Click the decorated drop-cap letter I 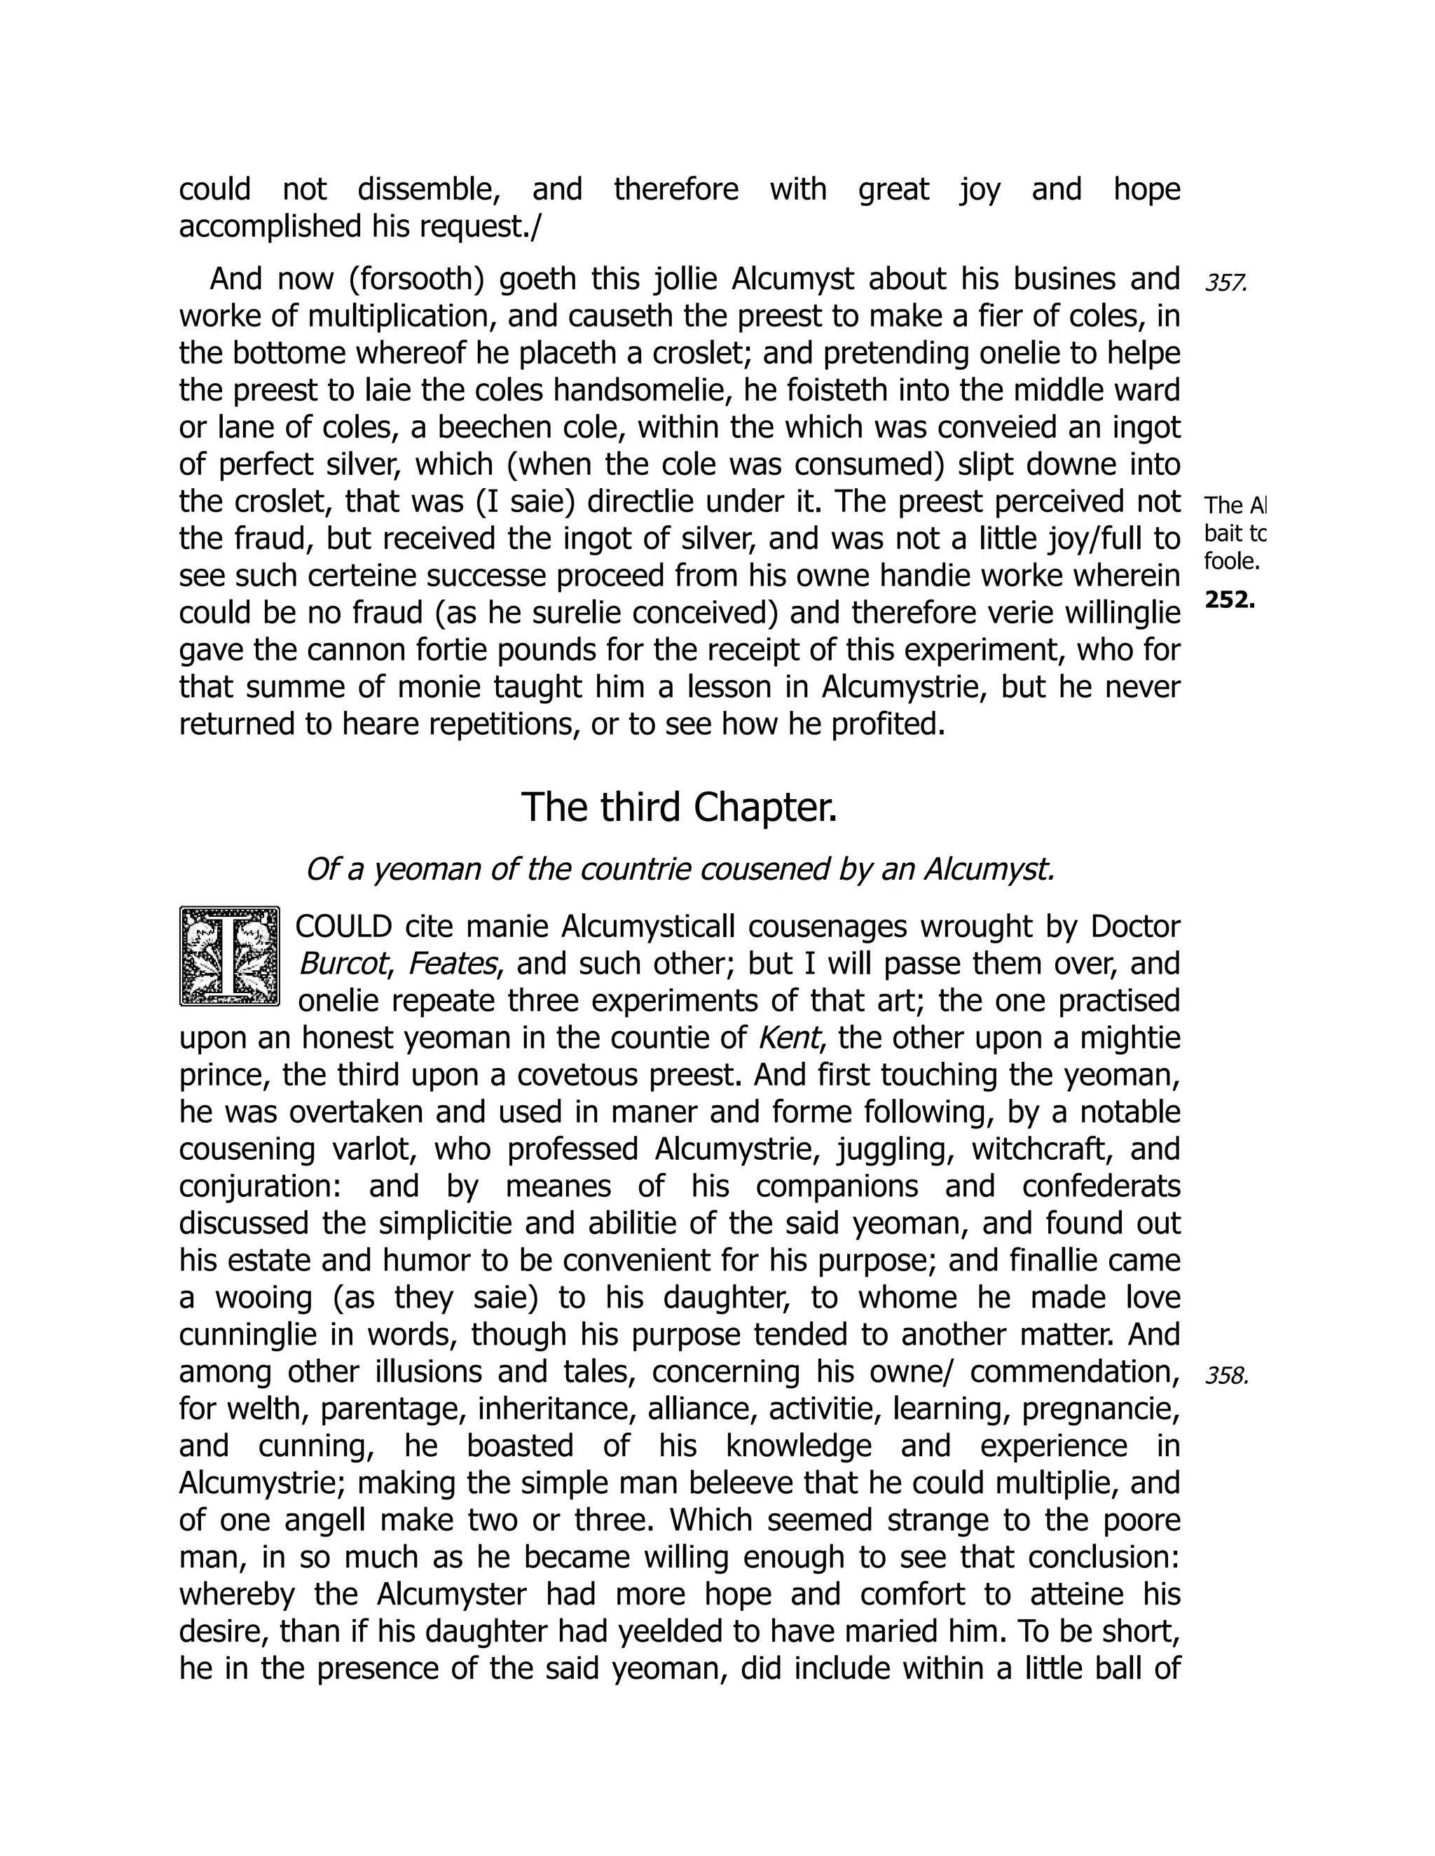(230, 956)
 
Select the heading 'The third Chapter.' (678, 808)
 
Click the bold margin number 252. (1229, 600)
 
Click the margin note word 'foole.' (1231, 562)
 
